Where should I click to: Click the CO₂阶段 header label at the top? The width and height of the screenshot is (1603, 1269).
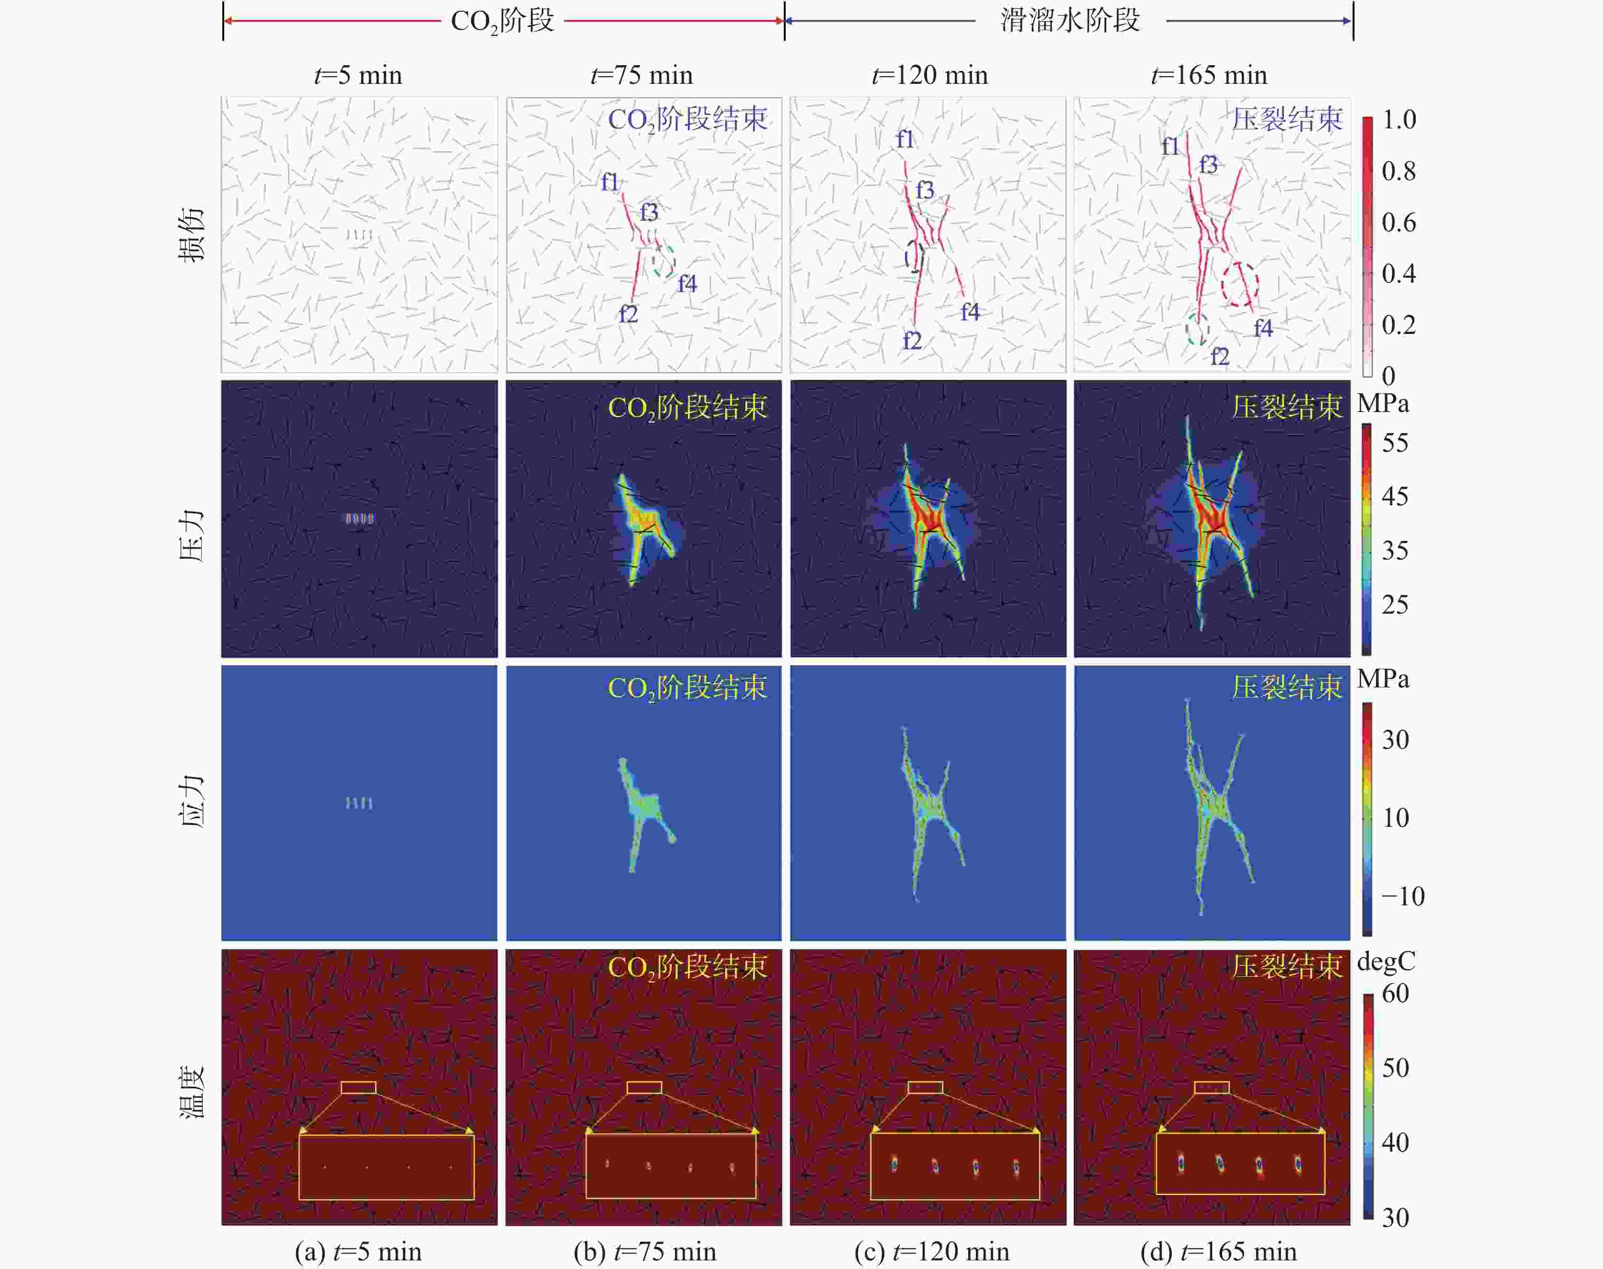coord(502,21)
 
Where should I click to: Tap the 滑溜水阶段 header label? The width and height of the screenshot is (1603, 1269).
coord(1070,20)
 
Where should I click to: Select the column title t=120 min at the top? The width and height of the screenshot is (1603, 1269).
coord(929,75)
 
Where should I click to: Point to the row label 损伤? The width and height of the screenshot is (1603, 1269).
coord(192,234)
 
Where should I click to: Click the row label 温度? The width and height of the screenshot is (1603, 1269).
coord(192,1091)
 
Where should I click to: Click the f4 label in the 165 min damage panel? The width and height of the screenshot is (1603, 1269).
coord(1263,328)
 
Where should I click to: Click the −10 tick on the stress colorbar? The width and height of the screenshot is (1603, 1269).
coord(1402,896)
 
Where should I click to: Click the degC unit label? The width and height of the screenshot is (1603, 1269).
coord(1386,962)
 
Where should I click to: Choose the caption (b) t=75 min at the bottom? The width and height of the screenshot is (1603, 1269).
coord(645,1252)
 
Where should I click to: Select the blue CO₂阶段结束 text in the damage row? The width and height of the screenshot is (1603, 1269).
coord(687,119)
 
